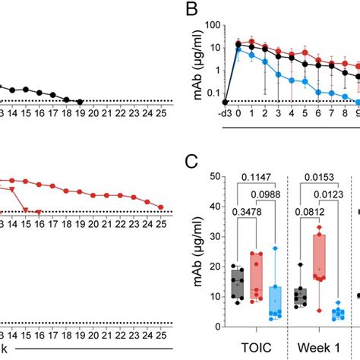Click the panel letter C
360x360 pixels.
point(195,161)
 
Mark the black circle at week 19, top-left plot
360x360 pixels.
point(80,101)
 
